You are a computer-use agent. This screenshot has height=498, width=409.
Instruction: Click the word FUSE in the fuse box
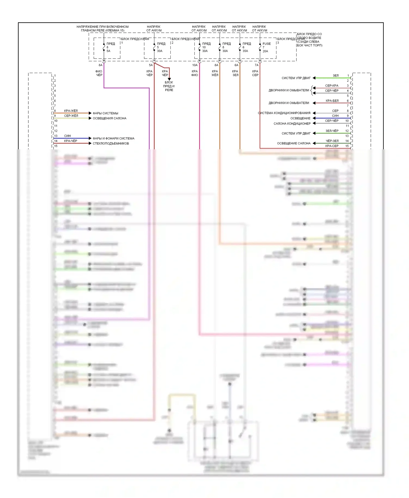(266, 44)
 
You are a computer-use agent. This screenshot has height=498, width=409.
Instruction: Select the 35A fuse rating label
(245, 51)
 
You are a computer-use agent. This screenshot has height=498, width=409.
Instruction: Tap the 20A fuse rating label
(265, 51)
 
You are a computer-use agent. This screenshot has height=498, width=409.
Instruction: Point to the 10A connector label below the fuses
(195, 65)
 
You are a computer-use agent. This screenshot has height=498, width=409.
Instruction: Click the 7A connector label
(256, 65)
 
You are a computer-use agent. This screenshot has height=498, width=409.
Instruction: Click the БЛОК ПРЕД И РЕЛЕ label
(169, 86)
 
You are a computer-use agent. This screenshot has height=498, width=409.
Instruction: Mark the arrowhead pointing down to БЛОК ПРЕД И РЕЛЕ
(169, 79)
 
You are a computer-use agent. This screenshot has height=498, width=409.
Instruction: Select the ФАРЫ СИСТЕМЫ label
(105, 113)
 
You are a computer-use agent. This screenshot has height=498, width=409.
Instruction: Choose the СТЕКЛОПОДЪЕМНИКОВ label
(111, 143)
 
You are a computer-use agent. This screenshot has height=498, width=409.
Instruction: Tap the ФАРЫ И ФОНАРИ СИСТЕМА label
(113, 138)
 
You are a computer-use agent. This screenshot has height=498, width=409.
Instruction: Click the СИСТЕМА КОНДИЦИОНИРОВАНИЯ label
(284, 113)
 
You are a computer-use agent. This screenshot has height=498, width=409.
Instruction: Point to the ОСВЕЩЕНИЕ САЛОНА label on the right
(294, 143)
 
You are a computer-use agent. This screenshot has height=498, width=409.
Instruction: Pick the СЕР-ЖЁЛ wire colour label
(71, 116)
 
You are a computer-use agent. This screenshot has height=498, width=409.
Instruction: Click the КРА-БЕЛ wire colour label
(332, 101)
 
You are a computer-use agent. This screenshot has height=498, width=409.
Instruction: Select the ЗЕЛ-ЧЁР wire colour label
(332, 131)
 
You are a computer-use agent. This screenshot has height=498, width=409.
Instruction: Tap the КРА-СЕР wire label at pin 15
(332, 146)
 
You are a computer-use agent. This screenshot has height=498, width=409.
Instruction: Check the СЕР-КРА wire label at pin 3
(332, 86)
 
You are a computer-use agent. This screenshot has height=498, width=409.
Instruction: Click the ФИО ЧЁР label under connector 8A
(99, 73)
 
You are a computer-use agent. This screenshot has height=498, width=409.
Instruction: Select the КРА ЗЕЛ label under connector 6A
(235, 73)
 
